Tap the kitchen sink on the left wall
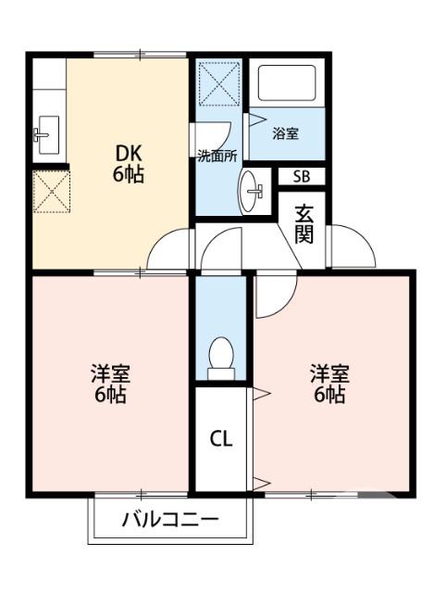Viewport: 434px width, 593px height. [46, 134]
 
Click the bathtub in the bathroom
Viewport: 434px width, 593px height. [289, 83]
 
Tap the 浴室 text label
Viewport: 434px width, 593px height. [286, 133]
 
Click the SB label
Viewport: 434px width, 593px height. [302, 176]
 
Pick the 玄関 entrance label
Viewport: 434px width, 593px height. [304, 222]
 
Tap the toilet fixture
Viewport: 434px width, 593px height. [221, 359]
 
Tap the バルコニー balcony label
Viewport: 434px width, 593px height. [170, 520]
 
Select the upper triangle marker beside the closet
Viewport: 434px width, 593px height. [261, 395]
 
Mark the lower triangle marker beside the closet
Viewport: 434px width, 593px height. [261, 481]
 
